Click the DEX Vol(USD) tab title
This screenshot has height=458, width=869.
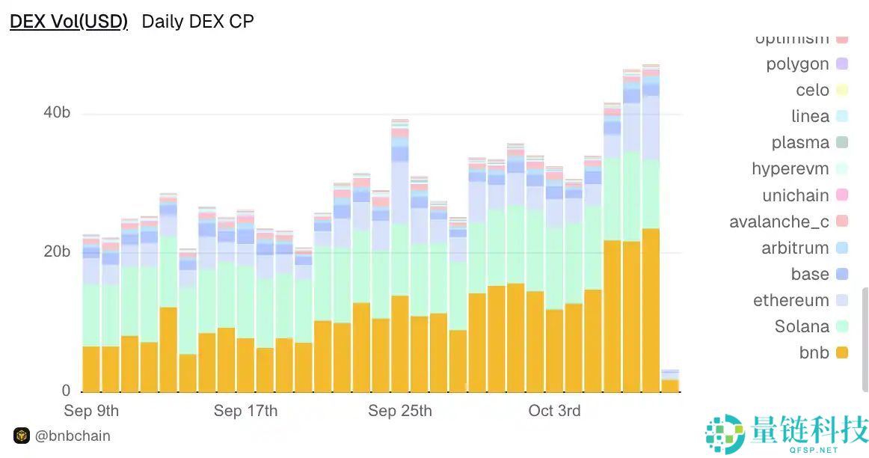(x=69, y=22)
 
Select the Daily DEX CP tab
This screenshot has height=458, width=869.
(x=197, y=22)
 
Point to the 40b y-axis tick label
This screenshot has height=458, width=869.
(x=56, y=113)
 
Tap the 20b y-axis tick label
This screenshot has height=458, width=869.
(x=56, y=251)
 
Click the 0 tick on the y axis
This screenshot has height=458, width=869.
(x=66, y=391)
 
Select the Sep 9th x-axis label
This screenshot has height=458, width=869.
(x=91, y=411)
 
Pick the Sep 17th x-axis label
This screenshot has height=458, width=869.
(x=245, y=411)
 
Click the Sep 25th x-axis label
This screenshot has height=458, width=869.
(x=400, y=411)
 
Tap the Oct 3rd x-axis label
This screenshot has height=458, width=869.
(x=554, y=411)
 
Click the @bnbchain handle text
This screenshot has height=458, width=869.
(x=73, y=436)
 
